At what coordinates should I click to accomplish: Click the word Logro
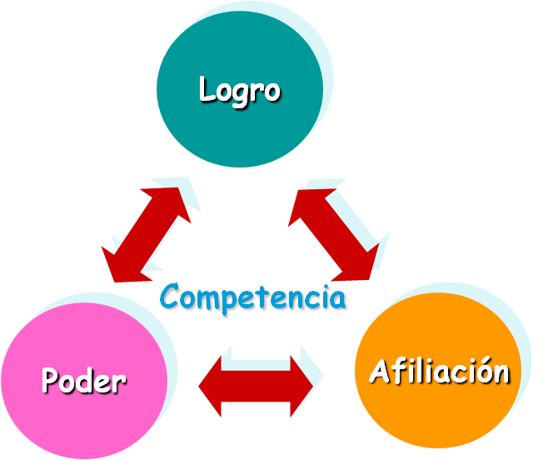tap(239, 89)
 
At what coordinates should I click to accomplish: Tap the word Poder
tap(83, 381)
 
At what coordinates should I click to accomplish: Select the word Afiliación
tap(439, 371)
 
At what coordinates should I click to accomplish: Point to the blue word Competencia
tap(253, 297)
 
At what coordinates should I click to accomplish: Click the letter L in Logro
tap(207, 88)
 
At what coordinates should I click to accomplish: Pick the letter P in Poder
tap(51, 381)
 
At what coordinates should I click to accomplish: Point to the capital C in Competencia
tap(171, 297)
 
